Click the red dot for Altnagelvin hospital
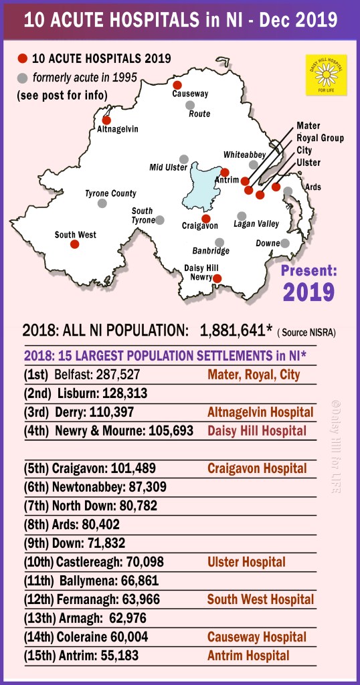(106, 120)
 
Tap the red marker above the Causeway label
(177, 85)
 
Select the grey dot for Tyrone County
(102, 203)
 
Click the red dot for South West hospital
(75, 244)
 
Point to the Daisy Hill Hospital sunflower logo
(326, 75)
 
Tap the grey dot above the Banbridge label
(219, 242)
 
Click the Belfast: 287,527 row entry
(82, 375)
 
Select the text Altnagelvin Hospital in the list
(260, 412)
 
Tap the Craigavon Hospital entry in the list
(257, 468)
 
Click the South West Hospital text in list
(260, 599)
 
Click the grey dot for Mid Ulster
(184, 159)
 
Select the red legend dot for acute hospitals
(23, 59)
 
